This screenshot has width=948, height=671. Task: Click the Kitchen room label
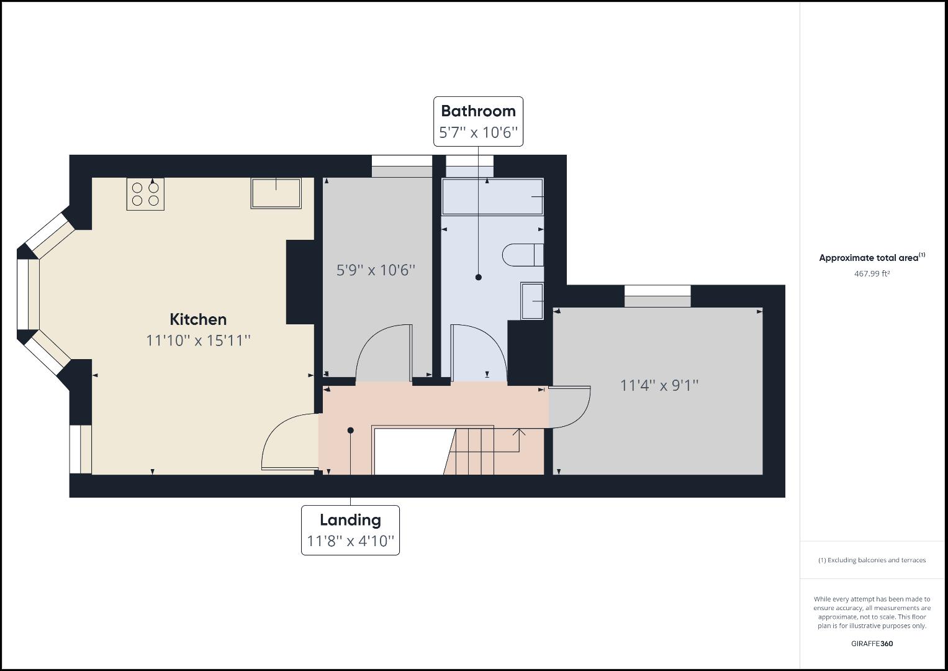(x=198, y=319)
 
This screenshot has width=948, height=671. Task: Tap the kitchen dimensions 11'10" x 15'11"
(x=198, y=340)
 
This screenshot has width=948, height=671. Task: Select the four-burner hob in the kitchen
(x=145, y=194)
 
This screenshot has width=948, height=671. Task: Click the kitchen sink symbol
(x=276, y=193)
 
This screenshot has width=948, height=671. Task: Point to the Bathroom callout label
(x=478, y=111)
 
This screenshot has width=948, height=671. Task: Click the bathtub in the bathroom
(x=492, y=197)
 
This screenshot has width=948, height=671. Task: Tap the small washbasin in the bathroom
(x=532, y=301)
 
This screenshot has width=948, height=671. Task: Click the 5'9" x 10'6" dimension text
(x=376, y=270)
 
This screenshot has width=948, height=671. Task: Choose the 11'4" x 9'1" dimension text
(x=659, y=385)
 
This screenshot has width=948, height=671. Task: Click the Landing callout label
(x=350, y=520)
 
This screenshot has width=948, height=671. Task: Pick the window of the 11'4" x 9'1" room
(x=657, y=296)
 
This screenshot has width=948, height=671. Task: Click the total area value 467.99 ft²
(x=872, y=273)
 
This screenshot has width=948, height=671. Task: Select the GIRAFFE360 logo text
(x=872, y=644)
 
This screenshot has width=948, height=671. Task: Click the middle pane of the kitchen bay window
(x=28, y=293)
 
